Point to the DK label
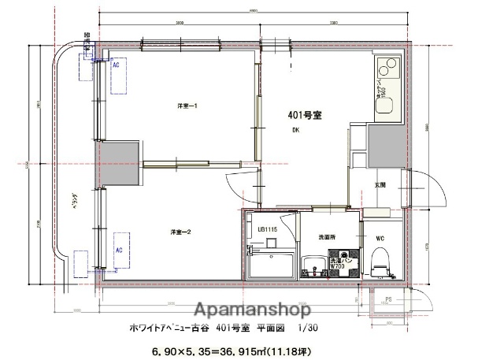point(295,131)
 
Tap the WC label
point(380,236)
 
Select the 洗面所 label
point(328,236)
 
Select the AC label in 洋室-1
point(116,67)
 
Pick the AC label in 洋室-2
point(120,250)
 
